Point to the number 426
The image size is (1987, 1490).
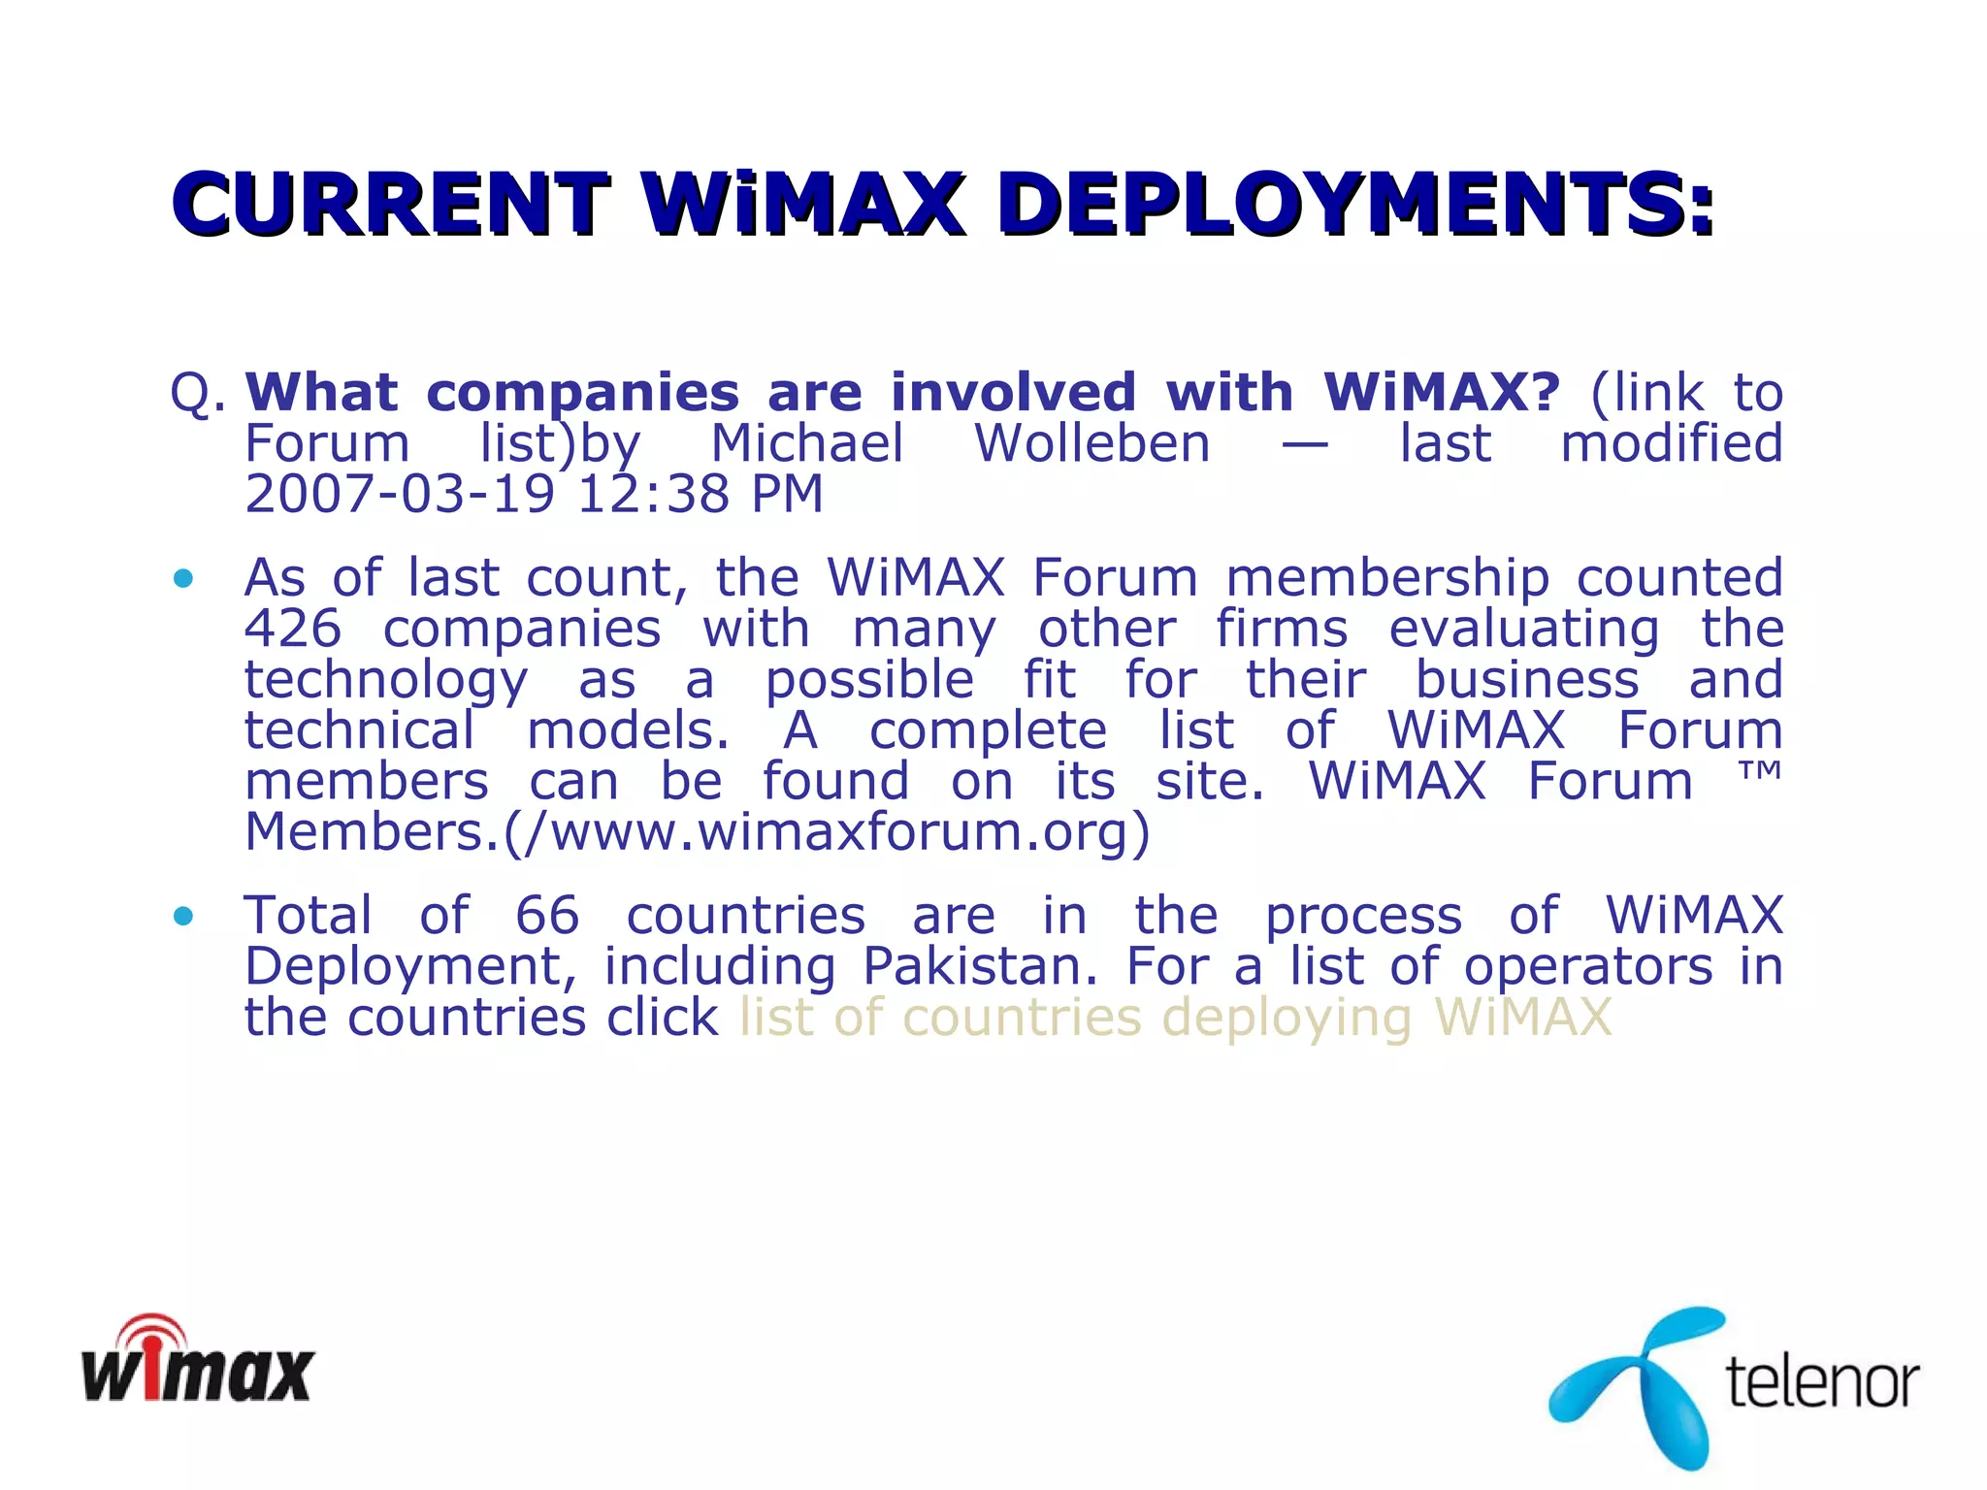pos(293,629)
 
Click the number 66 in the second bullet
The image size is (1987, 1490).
pos(547,915)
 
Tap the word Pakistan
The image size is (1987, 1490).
pos(980,966)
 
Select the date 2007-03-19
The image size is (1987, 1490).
pos(399,494)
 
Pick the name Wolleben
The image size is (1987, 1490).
pos(1092,443)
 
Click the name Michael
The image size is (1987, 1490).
pos(807,443)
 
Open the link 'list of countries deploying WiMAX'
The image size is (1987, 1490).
pos(1175,1018)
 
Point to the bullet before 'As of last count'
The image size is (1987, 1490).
pos(182,579)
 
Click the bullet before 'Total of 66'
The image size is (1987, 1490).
pos(182,916)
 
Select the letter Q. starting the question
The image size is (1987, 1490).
pos(198,394)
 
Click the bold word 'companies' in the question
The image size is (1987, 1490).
pos(582,393)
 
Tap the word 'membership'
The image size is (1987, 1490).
pos(1387,578)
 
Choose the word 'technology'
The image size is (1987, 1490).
pos(386,680)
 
